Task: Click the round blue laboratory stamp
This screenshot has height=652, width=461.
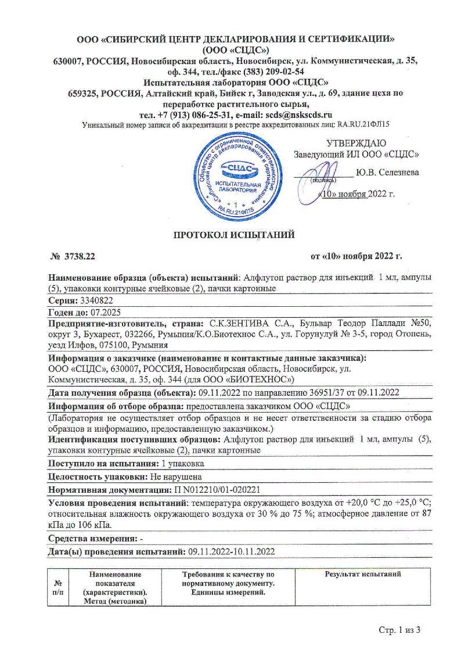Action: pyautogui.click(x=236, y=173)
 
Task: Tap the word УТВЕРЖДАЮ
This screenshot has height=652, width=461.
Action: pyautogui.click(x=355, y=143)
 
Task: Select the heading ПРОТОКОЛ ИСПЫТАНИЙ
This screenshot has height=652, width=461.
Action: pyautogui.click(x=235, y=235)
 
